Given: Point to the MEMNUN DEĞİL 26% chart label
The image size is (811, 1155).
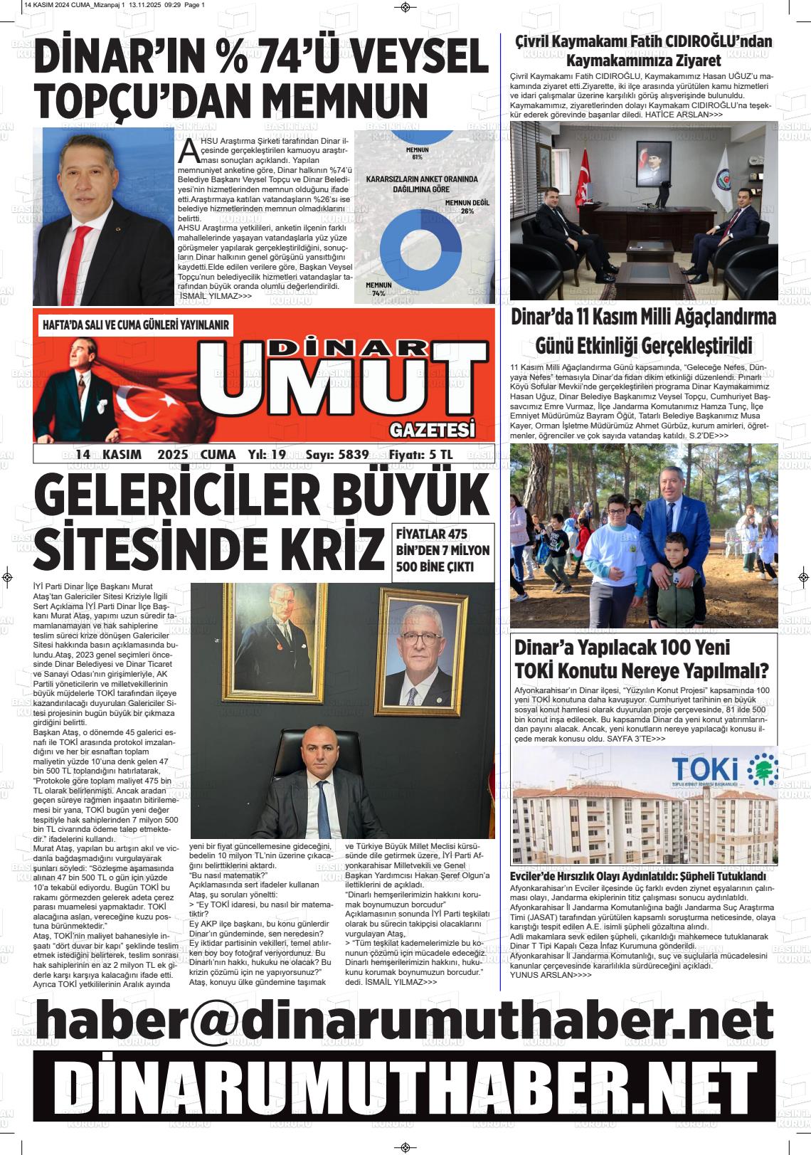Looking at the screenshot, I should tap(467, 207).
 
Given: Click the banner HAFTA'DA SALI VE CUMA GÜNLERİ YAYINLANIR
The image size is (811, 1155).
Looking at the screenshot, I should tap(136, 325).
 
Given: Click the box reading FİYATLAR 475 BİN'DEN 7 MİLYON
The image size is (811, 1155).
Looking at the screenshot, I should tap(442, 551).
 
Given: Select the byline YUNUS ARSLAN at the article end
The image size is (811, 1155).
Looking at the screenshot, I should tap(541, 975).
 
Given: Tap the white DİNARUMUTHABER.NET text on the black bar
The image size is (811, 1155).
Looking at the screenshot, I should tap(404, 1087).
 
